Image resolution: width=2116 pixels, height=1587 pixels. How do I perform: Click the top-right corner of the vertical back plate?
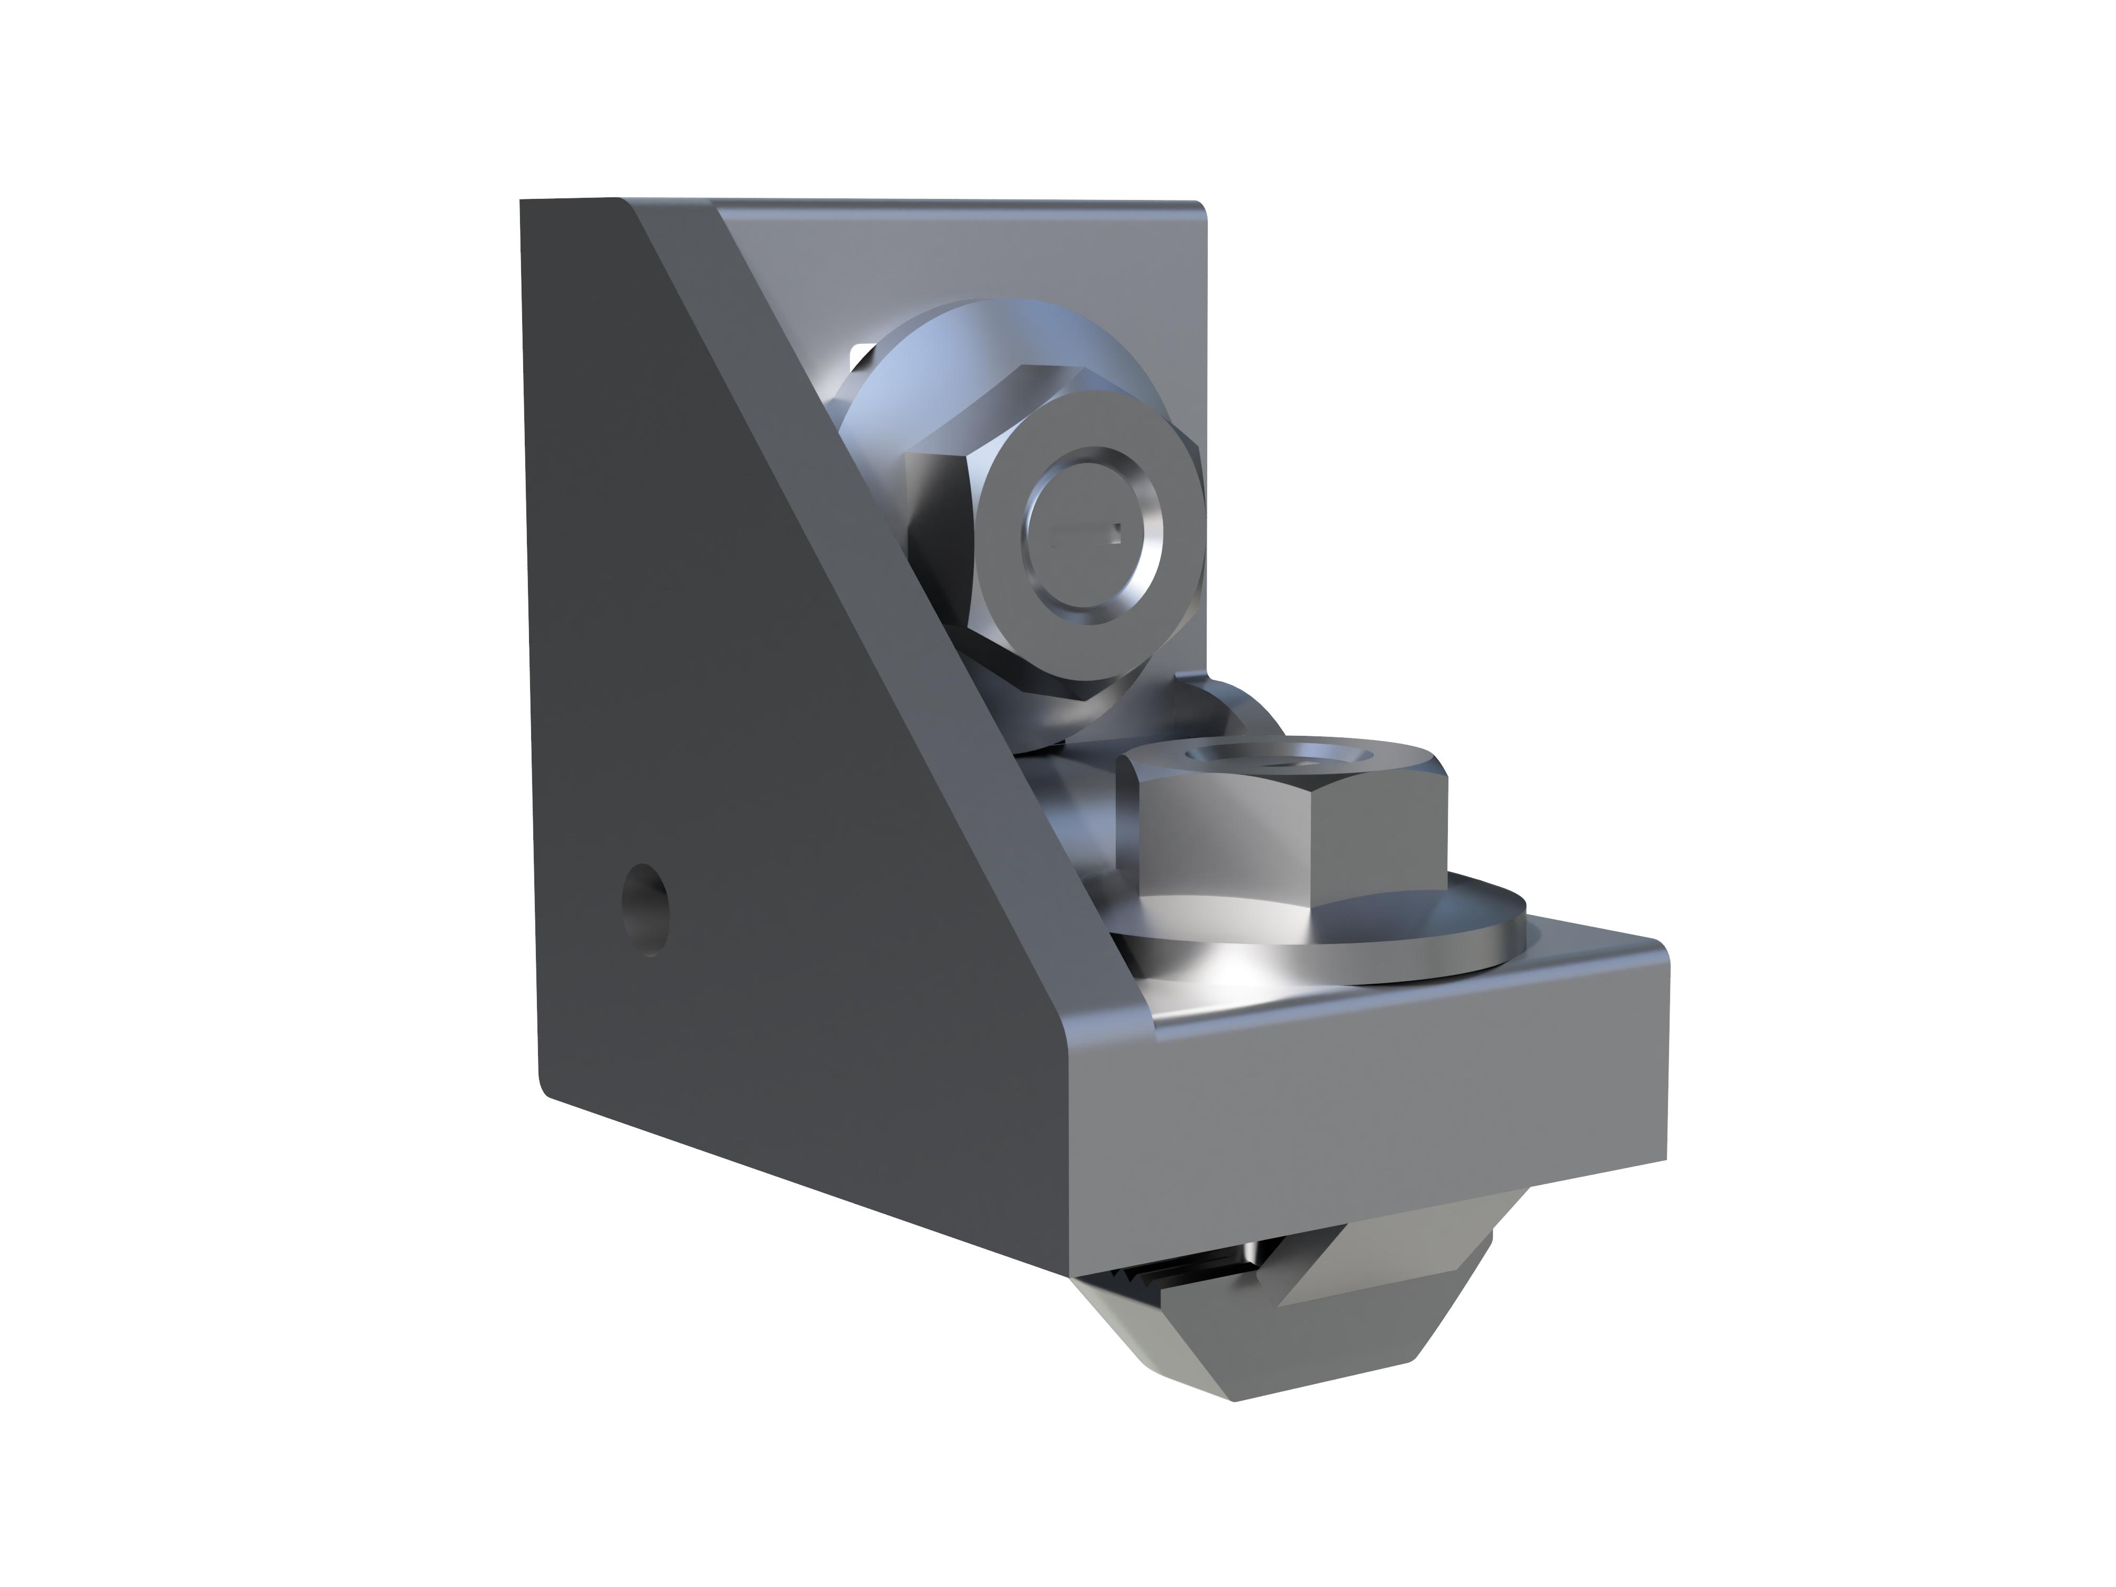pyautogui.click(x=1196, y=207)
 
